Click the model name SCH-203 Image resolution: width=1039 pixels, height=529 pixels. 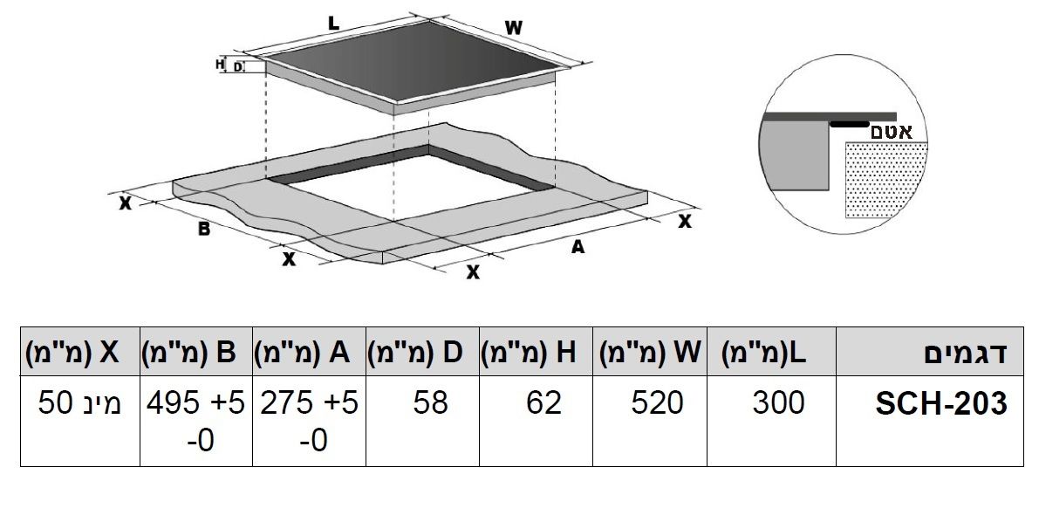coord(941,403)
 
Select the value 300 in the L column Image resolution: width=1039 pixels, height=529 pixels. coord(778,402)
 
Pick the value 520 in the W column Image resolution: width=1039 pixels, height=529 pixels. coord(657,402)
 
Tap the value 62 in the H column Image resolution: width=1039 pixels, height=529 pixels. coord(543,402)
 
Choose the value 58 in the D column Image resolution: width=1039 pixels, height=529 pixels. coord(430,402)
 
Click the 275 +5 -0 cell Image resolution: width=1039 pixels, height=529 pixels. coord(310,421)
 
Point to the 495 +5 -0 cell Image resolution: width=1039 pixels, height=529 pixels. coord(196,421)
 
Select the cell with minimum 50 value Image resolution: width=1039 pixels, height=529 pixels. coord(80,402)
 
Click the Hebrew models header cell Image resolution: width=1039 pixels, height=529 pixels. coord(966,353)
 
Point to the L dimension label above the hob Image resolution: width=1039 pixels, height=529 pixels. coord(333,24)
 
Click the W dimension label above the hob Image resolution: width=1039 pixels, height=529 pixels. coord(514,28)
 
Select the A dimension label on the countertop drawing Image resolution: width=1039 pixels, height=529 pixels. coord(578,247)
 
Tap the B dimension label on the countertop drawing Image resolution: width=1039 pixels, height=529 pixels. coord(204,230)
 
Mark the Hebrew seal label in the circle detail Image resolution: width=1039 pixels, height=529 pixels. coord(892,131)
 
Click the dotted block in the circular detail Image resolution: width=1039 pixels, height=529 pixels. coord(886,180)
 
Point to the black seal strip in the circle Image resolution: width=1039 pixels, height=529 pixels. coord(849,123)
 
